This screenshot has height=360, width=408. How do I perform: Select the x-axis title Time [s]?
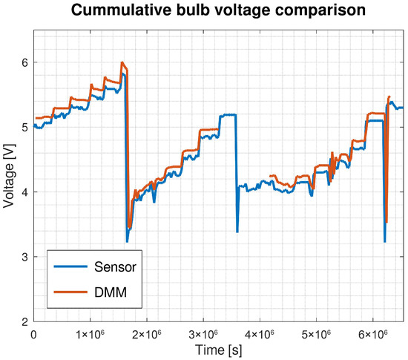tap(218, 348)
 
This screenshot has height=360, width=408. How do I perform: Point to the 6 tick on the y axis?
tap(24, 62)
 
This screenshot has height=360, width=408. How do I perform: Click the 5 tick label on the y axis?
tap(24, 127)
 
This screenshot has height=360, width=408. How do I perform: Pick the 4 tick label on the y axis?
tap(24, 192)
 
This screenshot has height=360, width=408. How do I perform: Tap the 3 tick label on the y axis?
tap(24, 257)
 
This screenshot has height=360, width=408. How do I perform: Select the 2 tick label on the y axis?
tap(24, 321)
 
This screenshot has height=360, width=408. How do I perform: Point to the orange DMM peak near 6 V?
tap(122, 63)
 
